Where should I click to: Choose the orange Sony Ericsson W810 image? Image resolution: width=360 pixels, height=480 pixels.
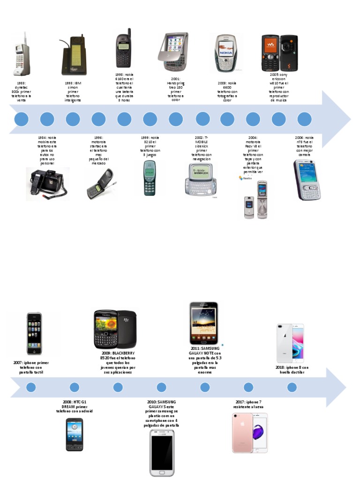[x=279, y=52]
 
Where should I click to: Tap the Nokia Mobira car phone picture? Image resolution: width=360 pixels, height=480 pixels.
[x=47, y=184]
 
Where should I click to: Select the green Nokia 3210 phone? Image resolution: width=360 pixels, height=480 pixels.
[x=150, y=178]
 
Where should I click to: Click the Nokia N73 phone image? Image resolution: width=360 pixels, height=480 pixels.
[x=305, y=180]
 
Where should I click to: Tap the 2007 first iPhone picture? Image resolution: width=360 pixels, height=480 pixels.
[x=34, y=333]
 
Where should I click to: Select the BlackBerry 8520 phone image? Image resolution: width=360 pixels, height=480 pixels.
[x=115, y=329]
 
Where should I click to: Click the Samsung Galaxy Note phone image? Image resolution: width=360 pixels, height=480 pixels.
[x=204, y=323]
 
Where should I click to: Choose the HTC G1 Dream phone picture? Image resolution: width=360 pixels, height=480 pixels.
[x=75, y=435]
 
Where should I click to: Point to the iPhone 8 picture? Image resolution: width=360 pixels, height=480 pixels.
[x=291, y=343]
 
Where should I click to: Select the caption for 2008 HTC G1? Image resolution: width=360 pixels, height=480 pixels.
[x=75, y=406]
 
